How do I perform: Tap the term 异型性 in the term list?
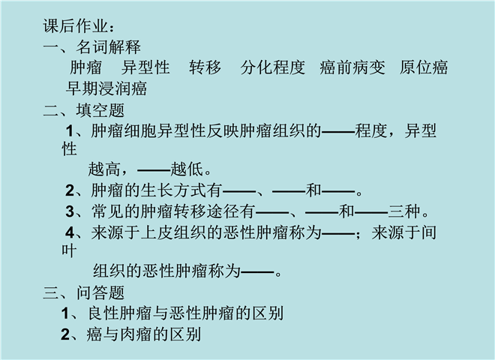(146, 68)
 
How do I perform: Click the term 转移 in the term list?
(205, 68)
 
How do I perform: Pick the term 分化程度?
(273, 68)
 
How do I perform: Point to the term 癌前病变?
(352, 68)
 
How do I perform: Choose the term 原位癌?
(424, 68)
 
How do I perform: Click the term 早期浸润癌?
(106, 88)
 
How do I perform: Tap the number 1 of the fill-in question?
(70, 131)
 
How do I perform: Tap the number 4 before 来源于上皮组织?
(70, 232)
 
